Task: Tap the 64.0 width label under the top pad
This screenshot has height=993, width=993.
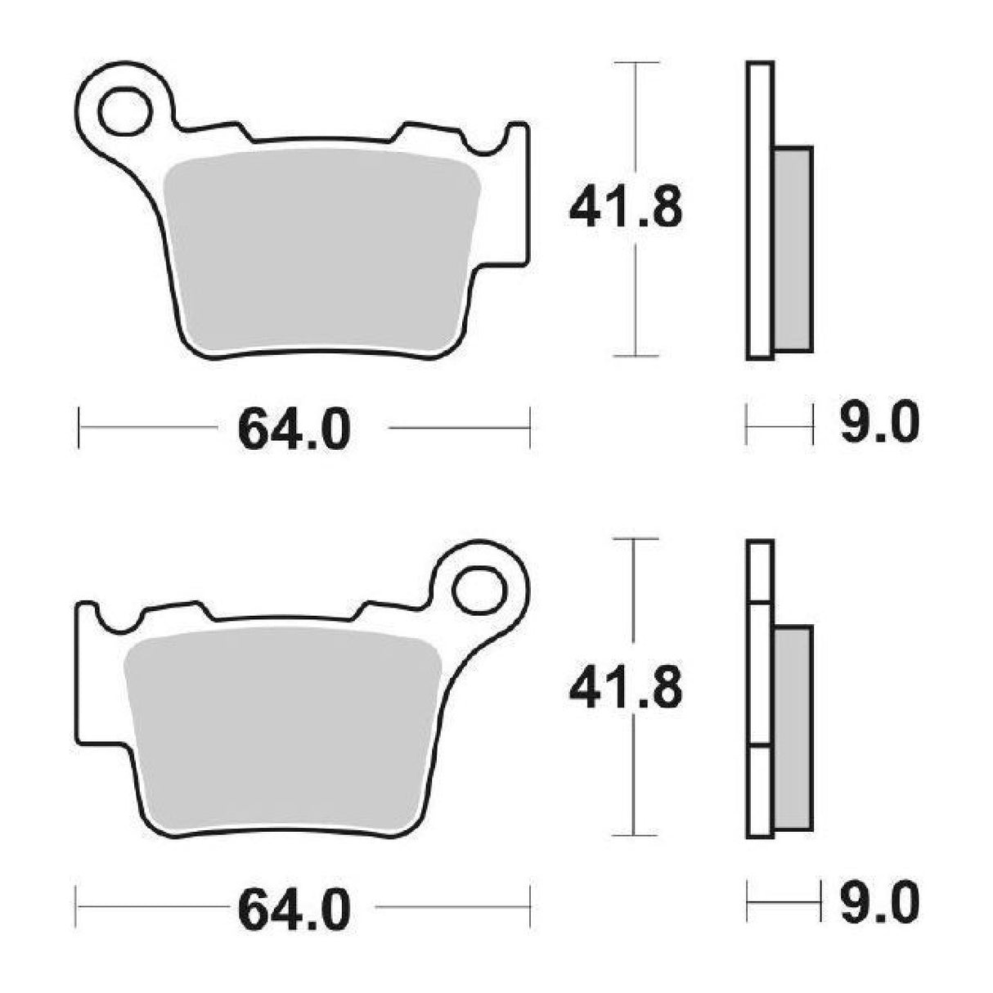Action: [x=294, y=429]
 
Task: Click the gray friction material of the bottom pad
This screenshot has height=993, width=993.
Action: [x=282, y=728]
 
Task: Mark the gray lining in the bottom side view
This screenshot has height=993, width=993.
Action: [x=793, y=728]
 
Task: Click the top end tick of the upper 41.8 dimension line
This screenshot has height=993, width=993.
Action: [x=636, y=62]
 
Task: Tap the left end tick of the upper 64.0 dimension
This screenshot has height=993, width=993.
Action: [x=79, y=427]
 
